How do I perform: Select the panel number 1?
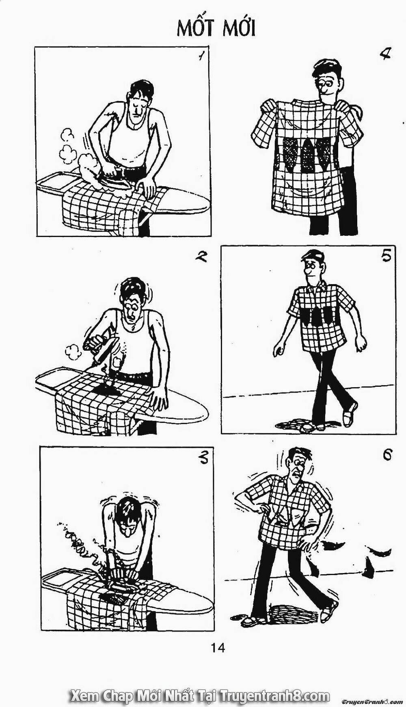[201, 57]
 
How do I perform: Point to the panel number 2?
[201, 257]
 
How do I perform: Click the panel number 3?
[202, 458]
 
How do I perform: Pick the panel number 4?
[383, 54]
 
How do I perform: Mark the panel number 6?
[387, 455]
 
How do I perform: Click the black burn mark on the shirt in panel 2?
[106, 388]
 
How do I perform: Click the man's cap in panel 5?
[313, 256]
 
